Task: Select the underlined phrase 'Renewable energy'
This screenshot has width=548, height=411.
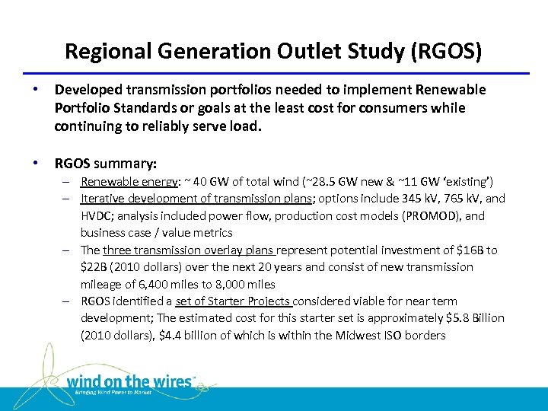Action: tap(118, 182)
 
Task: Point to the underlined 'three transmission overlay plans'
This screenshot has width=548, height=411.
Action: tap(190, 250)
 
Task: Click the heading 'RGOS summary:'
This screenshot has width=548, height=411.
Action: tap(106, 163)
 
